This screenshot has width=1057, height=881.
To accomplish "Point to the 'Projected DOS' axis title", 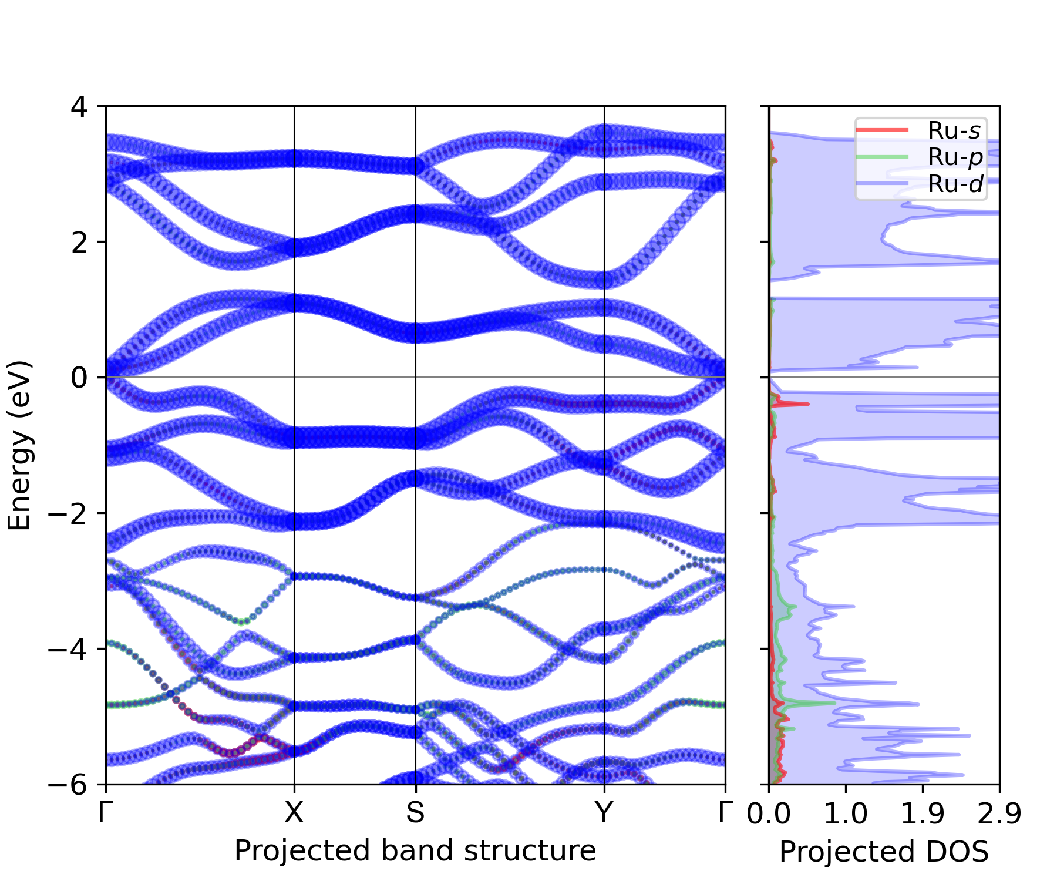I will pyautogui.click(x=884, y=852).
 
